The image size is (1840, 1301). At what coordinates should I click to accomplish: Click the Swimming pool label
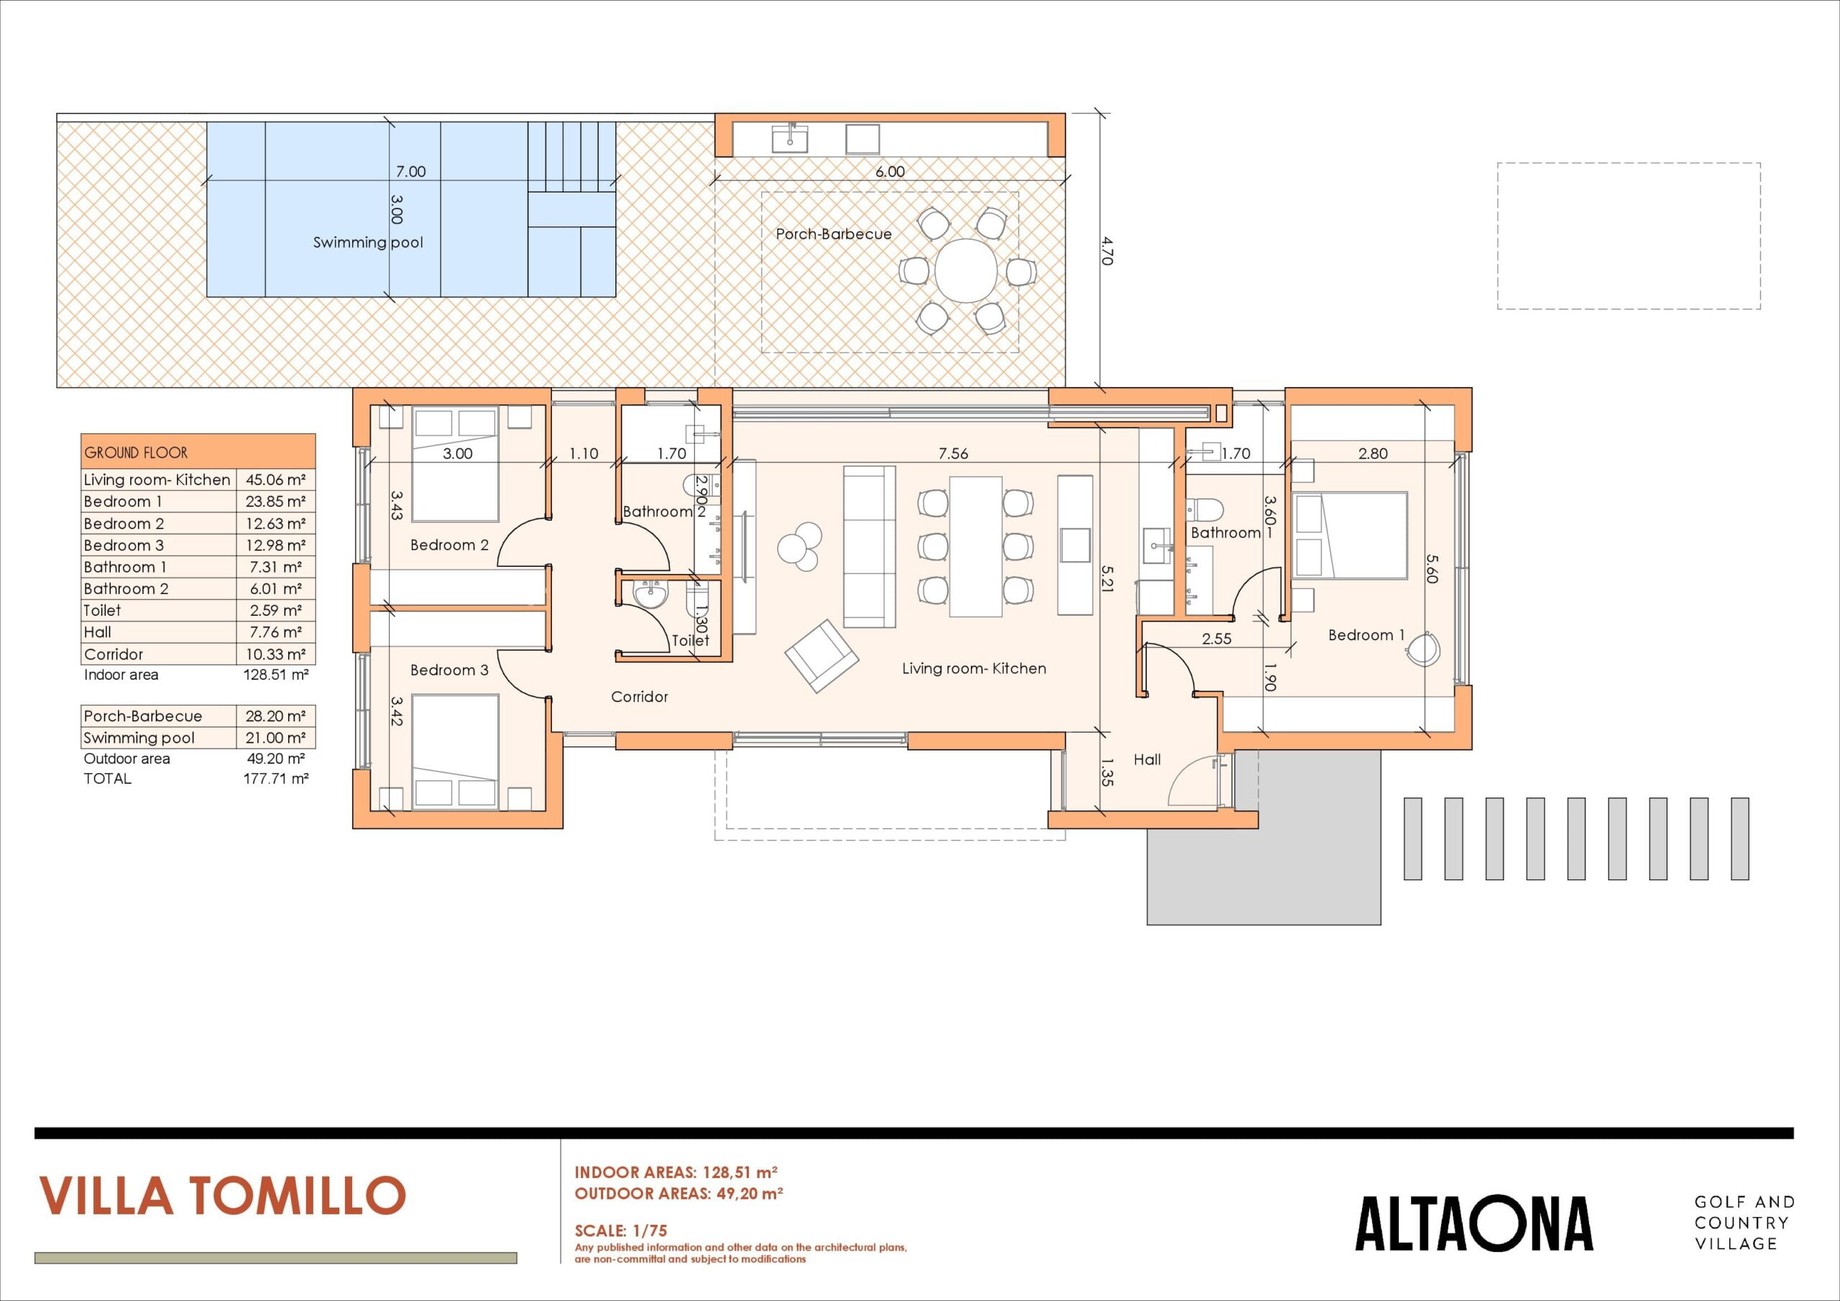(368, 243)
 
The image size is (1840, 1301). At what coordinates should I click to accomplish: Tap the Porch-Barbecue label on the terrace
(834, 234)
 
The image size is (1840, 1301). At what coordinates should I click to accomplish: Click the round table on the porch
(966, 271)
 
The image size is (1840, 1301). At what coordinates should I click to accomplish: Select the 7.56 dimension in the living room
(953, 453)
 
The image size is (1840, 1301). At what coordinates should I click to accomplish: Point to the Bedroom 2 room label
(448, 545)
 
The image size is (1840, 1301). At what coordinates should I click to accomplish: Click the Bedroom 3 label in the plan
(448, 670)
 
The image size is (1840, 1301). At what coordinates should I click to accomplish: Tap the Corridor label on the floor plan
(640, 697)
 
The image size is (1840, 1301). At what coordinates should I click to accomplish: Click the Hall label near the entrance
(1147, 759)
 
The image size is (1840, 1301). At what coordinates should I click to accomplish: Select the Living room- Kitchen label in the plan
(974, 668)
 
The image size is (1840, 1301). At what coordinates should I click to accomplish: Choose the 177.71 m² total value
(276, 778)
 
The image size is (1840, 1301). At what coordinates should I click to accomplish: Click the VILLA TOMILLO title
(222, 1196)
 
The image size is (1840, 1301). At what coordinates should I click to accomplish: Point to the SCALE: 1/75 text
(620, 1231)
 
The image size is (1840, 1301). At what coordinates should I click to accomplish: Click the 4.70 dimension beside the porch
(1108, 250)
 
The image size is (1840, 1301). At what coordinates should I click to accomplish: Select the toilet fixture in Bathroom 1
(1205, 507)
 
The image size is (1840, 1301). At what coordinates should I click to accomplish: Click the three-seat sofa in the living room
(870, 547)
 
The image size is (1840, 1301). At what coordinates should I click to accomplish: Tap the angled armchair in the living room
(822, 655)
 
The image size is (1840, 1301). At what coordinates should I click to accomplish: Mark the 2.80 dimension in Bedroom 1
(1373, 453)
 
